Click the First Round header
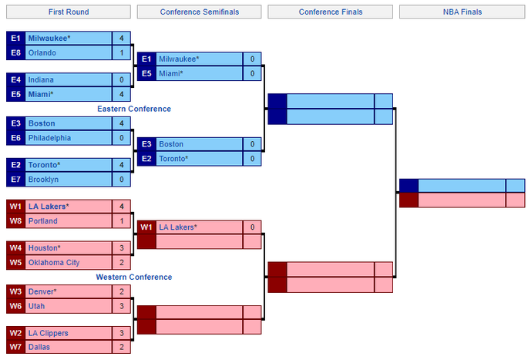[x=69, y=12]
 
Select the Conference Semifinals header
[x=200, y=12]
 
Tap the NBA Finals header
[x=462, y=12]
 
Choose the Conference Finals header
[x=331, y=12]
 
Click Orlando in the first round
[x=42, y=53]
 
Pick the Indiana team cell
[x=69, y=80]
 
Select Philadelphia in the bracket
[x=49, y=138]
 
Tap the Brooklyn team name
[x=43, y=180]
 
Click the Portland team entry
[x=69, y=221]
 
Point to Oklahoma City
[x=54, y=263]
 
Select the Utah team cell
[x=69, y=306]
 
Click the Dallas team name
[x=39, y=347]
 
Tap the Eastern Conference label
[x=134, y=109]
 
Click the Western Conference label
[x=134, y=278]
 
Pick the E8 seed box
[x=16, y=53]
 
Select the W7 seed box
[x=16, y=347]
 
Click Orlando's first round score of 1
[x=122, y=53]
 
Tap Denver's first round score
[x=122, y=291]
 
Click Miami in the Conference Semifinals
[x=170, y=74]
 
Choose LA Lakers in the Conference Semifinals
[x=178, y=227]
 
